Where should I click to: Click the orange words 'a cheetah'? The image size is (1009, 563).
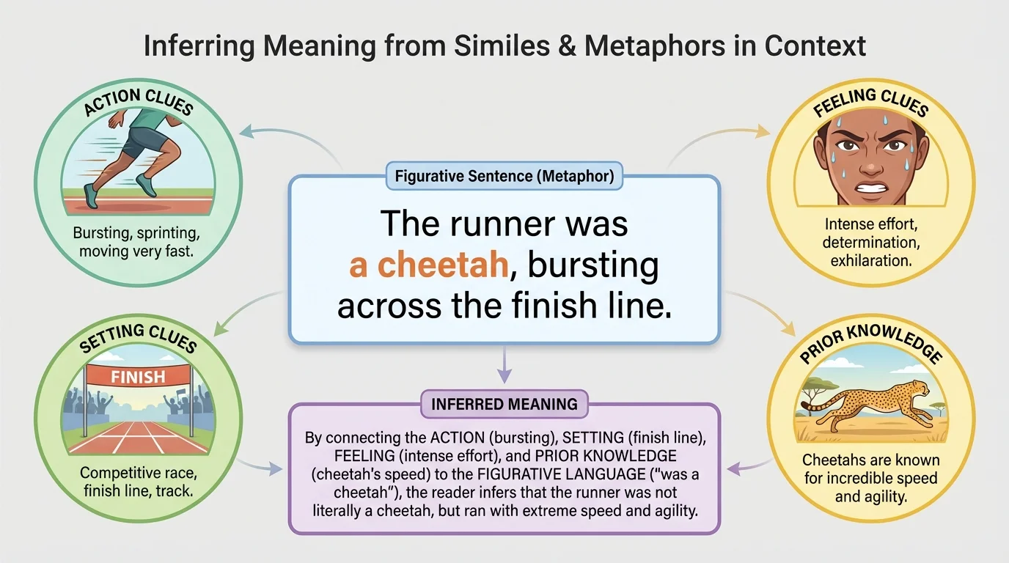(429, 265)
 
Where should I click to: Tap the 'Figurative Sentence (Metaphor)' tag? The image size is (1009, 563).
(504, 176)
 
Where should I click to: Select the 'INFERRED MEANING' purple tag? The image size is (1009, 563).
(504, 404)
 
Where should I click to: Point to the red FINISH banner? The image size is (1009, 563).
(137, 378)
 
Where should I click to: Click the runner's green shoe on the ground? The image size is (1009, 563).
(91, 196)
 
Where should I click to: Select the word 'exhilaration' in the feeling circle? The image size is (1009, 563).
(870, 260)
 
